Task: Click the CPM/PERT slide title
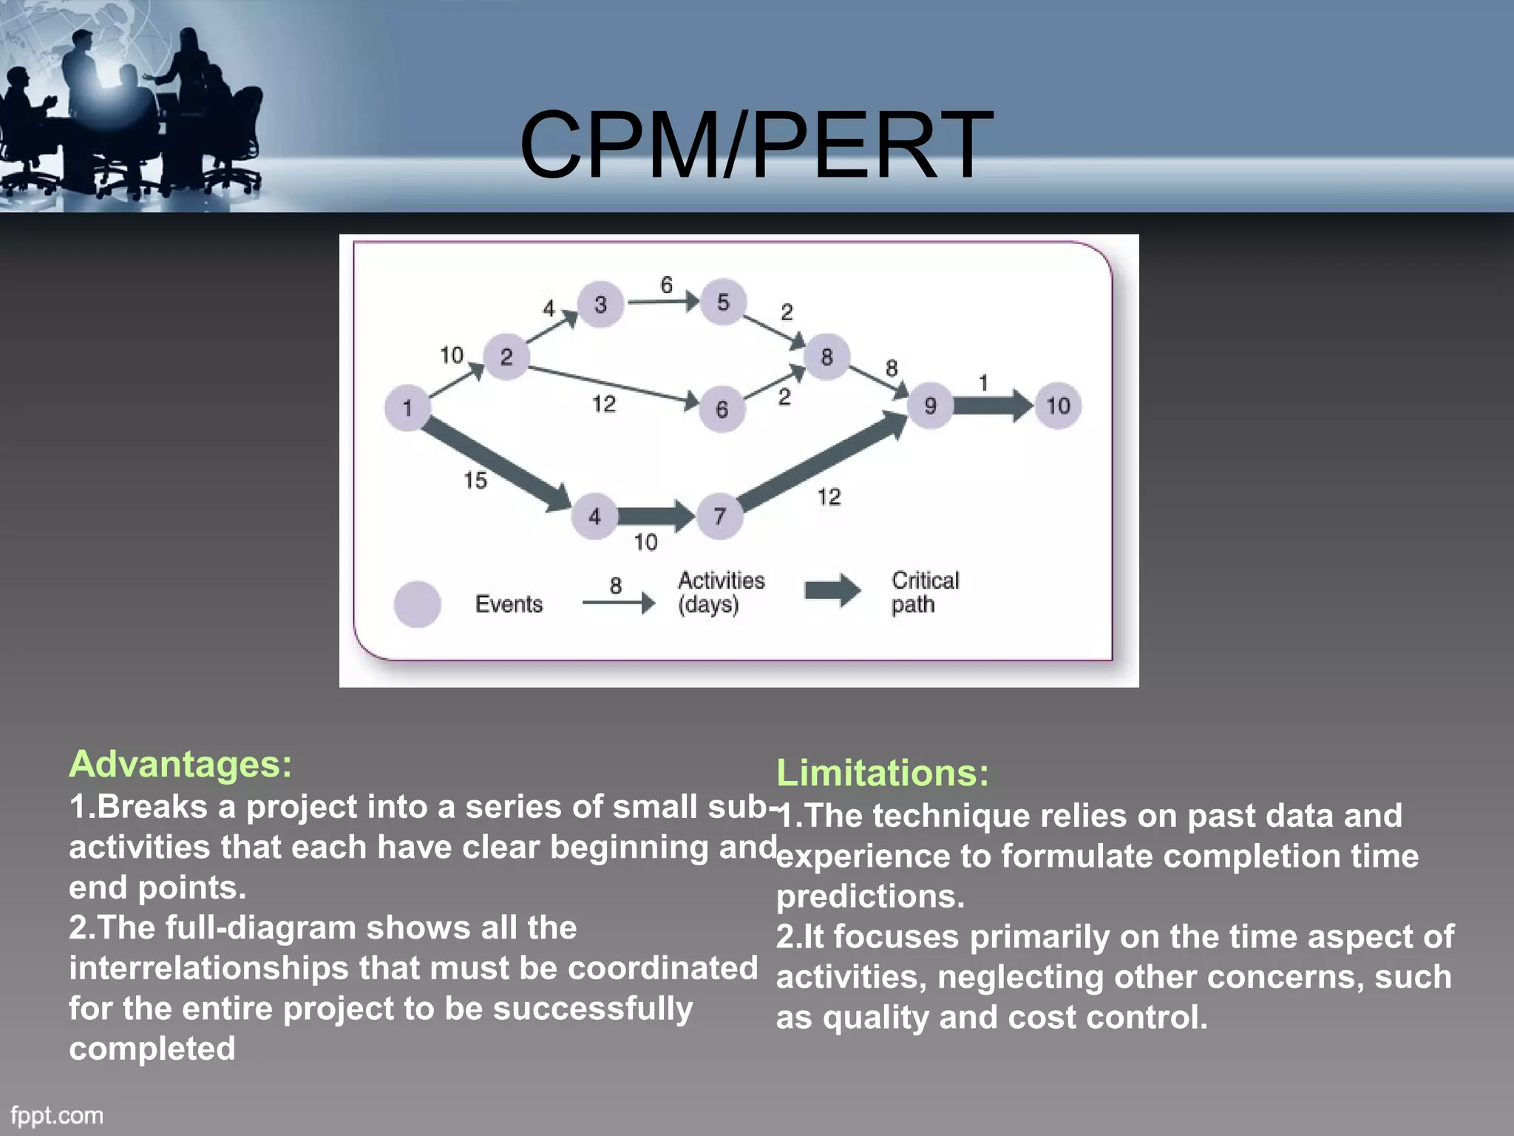[756, 145]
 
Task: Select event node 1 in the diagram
[407, 408]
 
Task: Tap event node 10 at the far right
[1058, 405]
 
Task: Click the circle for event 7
[720, 516]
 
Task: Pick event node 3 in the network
[600, 304]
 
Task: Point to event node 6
[722, 409]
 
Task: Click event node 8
[826, 357]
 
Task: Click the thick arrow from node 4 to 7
[655, 515]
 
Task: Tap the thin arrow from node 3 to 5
[662, 302]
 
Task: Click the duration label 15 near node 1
[475, 481]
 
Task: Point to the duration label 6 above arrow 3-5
[667, 285]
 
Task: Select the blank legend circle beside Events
[418, 603]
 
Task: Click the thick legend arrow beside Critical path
[832, 590]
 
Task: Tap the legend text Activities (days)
[721, 592]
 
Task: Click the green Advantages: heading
[180, 764]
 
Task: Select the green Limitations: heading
[882, 773]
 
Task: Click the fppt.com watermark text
[57, 1115]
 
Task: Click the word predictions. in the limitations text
[870, 896]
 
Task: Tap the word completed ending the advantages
[152, 1049]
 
